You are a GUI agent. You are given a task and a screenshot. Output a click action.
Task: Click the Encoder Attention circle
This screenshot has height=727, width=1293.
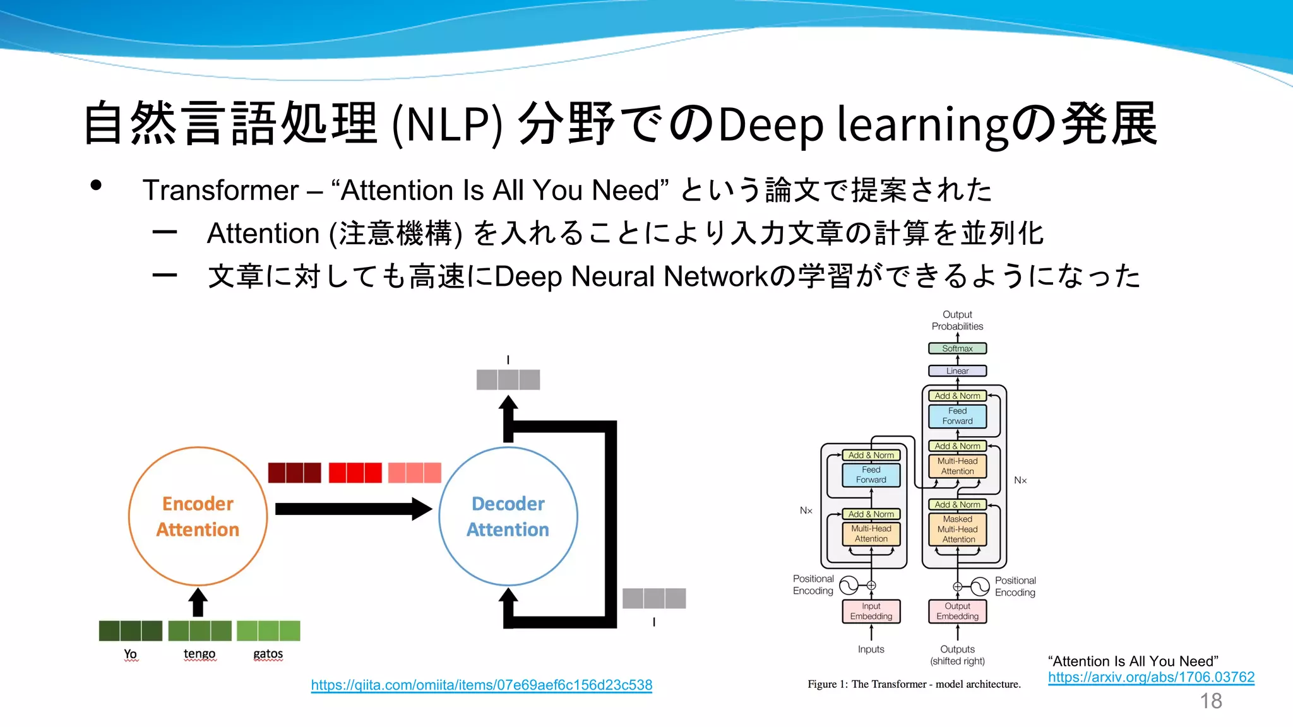coord(198,516)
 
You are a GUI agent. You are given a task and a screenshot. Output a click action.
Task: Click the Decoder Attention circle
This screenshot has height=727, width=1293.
coord(508,516)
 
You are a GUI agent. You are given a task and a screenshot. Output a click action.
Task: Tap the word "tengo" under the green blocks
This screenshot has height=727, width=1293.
coord(200,654)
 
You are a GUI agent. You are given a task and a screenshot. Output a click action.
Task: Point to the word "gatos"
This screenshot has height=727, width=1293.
coord(268,654)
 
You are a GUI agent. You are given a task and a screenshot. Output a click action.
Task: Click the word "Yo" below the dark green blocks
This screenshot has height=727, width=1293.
coord(130,654)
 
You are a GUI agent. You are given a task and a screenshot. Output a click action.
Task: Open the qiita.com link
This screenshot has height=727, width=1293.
coord(481,685)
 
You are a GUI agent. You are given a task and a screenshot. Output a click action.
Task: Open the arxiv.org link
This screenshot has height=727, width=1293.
coord(1150,677)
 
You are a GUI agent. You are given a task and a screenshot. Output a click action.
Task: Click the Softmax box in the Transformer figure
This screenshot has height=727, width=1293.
coord(957,348)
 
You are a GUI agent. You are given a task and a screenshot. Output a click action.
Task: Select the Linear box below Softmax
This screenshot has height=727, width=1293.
coord(957,371)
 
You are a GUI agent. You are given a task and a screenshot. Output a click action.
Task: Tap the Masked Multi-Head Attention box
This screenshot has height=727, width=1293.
coord(957,529)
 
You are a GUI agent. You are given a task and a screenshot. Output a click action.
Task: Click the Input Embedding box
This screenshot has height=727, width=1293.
coord(871,611)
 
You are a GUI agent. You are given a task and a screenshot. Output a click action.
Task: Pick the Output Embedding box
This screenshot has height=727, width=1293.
coord(957,611)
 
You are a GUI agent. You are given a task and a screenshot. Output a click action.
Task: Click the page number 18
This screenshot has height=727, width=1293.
coord(1210,701)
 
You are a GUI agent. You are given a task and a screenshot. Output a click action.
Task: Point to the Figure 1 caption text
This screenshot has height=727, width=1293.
coord(914,684)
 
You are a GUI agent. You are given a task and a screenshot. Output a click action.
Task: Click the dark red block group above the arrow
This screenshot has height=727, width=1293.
coord(294,473)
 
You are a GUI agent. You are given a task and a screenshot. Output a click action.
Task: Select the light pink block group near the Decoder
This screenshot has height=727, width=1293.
coord(414,473)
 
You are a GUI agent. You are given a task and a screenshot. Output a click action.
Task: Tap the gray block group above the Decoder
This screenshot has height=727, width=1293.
coord(508,380)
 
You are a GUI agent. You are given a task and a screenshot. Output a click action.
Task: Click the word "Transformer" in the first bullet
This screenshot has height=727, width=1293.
coord(220,191)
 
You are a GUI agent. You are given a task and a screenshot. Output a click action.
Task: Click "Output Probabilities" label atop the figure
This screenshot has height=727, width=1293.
coord(957,321)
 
